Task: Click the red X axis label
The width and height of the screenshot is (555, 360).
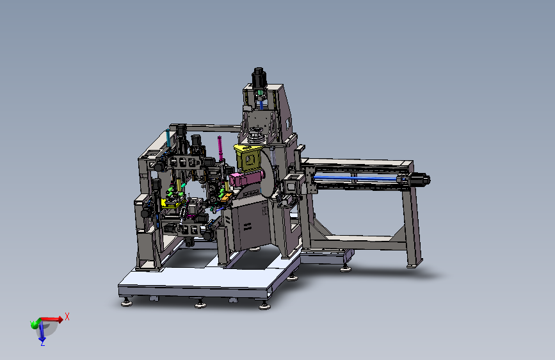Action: (x=67, y=316)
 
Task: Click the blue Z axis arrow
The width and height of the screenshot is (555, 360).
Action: (x=42, y=332)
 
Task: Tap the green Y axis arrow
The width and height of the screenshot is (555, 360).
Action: (x=35, y=323)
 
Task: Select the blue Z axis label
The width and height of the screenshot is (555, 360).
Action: (x=43, y=343)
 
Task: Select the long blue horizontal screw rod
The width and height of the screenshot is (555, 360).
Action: (x=357, y=178)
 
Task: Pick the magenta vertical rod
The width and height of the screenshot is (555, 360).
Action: (x=220, y=149)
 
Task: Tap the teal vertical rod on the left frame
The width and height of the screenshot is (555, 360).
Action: (x=168, y=138)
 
